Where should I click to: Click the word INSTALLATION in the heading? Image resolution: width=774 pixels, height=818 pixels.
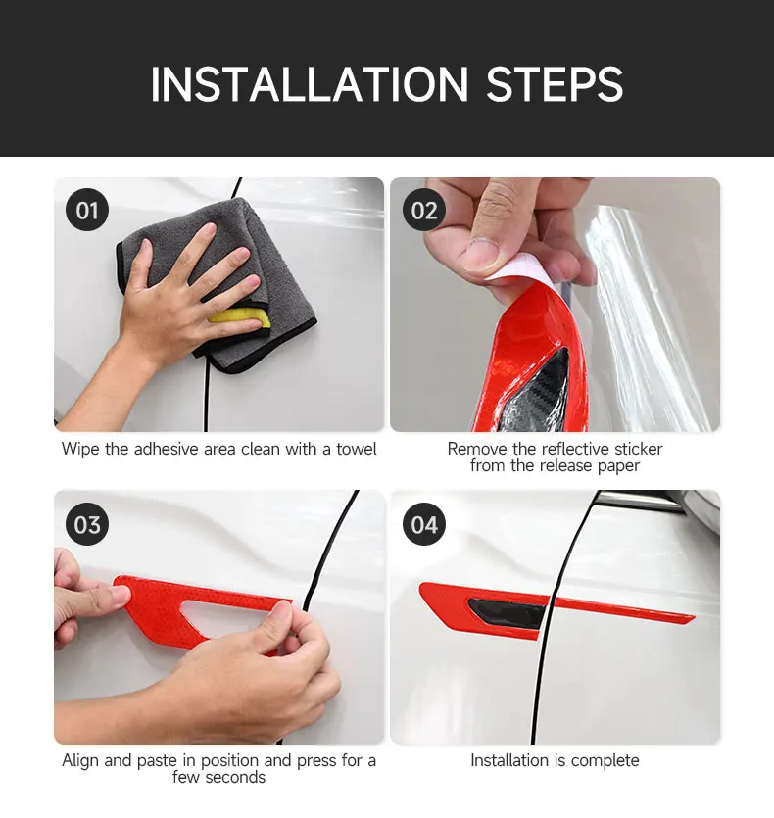tap(310, 84)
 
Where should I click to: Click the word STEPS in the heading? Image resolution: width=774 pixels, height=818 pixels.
tap(555, 84)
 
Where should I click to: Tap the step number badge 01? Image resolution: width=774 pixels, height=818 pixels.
tap(87, 211)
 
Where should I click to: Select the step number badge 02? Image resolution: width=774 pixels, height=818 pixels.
tap(424, 211)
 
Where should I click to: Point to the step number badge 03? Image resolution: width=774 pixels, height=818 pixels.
tap(87, 524)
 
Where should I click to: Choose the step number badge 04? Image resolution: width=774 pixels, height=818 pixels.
tap(424, 524)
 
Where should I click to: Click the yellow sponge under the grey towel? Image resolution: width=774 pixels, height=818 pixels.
tap(239, 316)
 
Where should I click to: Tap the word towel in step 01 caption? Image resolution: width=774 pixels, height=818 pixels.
tap(356, 449)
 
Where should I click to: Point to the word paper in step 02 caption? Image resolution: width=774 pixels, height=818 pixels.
tap(618, 466)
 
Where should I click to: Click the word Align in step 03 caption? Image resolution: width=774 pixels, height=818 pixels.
tap(81, 760)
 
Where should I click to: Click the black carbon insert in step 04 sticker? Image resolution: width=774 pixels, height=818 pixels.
tap(507, 612)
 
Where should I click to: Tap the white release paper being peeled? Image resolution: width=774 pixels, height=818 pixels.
tap(514, 267)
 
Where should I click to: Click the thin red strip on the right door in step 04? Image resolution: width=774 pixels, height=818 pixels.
tap(623, 609)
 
